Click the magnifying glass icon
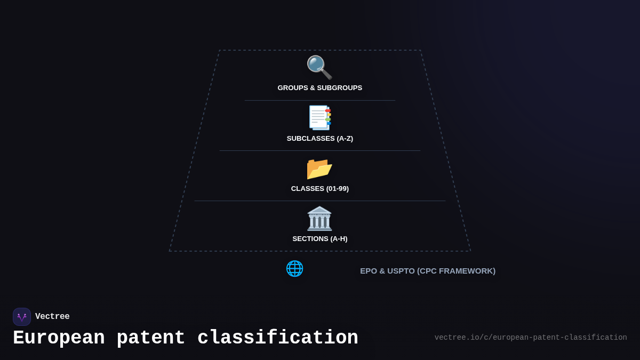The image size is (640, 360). click(x=319, y=67)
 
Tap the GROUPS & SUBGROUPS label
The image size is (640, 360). click(x=320, y=88)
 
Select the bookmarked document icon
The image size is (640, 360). click(x=319, y=117)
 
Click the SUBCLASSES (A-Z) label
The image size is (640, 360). click(x=320, y=139)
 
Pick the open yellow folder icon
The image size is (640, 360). click(x=319, y=169)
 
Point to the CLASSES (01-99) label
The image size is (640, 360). click(x=320, y=189)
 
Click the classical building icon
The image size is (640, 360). click(x=319, y=218)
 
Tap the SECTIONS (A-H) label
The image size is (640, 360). click(x=320, y=239)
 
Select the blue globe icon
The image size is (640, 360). click(x=294, y=268)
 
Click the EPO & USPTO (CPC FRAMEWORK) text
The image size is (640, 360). click(x=428, y=271)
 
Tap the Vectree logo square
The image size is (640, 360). click(x=22, y=317)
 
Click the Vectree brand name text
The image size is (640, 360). click(x=52, y=317)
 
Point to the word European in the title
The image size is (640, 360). click(x=59, y=338)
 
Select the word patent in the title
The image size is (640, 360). click(x=151, y=338)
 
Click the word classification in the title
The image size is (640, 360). click(x=278, y=338)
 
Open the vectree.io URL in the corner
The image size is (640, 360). click(x=531, y=338)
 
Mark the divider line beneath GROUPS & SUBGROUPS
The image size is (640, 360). click(x=320, y=100)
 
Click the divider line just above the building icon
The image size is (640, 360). click(x=320, y=201)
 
